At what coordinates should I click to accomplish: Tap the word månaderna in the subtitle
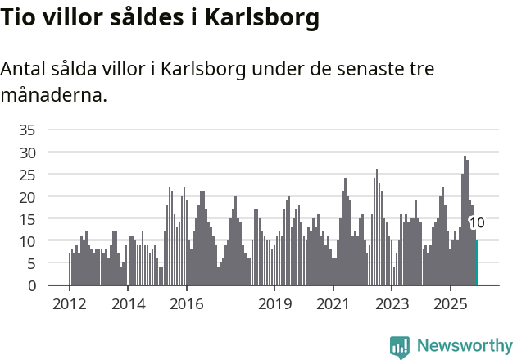(x=53, y=95)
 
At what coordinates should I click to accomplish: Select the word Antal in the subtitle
(x=24, y=69)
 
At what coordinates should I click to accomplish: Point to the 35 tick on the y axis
(x=27, y=130)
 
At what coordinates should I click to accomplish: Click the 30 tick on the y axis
(x=27, y=153)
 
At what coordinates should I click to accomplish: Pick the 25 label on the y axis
(x=27, y=175)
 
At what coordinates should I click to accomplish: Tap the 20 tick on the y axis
(x=27, y=197)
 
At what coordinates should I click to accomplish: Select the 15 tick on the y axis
(x=27, y=219)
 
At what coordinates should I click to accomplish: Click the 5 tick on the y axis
(x=31, y=263)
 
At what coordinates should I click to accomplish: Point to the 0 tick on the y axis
(x=31, y=285)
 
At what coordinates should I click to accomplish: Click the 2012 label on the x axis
(x=69, y=304)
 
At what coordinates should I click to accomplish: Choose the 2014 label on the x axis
(x=128, y=304)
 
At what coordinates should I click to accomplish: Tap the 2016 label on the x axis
(x=187, y=304)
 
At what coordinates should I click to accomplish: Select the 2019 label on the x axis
(x=274, y=304)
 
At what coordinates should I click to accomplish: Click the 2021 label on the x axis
(x=333, y=304)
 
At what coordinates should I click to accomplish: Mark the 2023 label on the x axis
(x=392, y=304)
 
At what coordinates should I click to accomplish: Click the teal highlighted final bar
(x=478, y=263)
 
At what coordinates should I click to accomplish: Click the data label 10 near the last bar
(x=477, y=223)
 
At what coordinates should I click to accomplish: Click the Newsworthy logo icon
(x=400, y=347)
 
